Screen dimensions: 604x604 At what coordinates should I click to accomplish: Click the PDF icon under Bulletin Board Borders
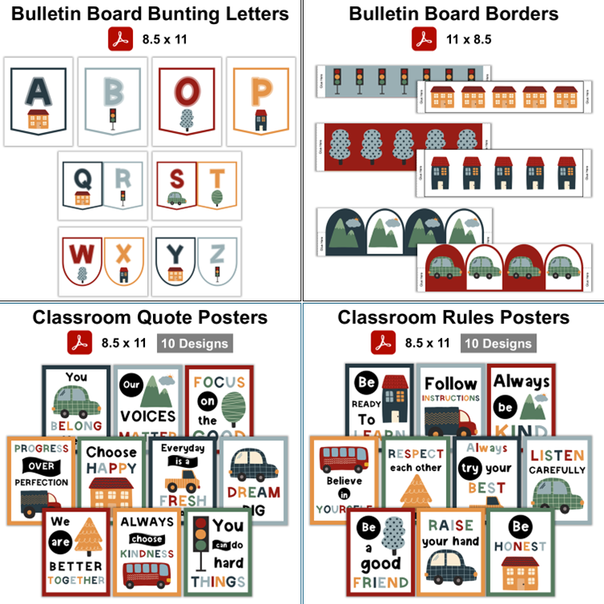[424, 39]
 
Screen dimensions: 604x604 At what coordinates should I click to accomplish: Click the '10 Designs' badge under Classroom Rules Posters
[497, 343]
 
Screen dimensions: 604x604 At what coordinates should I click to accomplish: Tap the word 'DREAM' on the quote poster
[253, 492]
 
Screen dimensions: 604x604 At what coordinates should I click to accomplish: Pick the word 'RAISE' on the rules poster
[451, 525]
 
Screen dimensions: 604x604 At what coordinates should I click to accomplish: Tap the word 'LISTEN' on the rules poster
[557, 455]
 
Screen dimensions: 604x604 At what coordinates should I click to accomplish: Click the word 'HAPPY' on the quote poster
[111, 467]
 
